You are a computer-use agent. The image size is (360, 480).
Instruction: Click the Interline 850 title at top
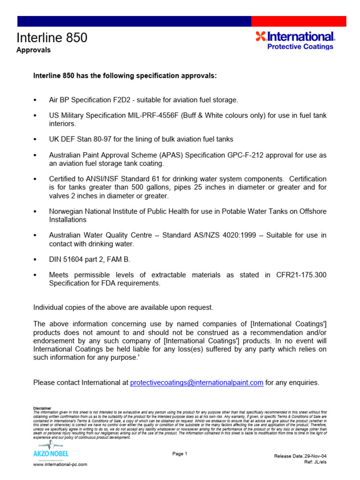point(52,37)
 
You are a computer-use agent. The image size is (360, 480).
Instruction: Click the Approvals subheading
point(33,50)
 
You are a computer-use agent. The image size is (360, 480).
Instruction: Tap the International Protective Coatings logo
point(295,40)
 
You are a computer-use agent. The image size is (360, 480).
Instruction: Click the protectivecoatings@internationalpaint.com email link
point(196,382)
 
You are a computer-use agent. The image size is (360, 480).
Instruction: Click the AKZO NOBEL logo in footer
point(50,449)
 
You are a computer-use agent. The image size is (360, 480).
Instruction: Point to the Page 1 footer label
point(180,453)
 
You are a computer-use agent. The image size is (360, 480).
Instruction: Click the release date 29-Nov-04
point(316,456)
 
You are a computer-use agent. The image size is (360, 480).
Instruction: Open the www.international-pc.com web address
point(60,464)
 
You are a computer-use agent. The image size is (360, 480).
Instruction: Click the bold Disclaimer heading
point(42,408)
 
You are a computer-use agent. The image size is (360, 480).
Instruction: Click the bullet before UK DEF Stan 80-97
point(35,140)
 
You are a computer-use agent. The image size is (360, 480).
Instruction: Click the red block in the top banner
point(299,21)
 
